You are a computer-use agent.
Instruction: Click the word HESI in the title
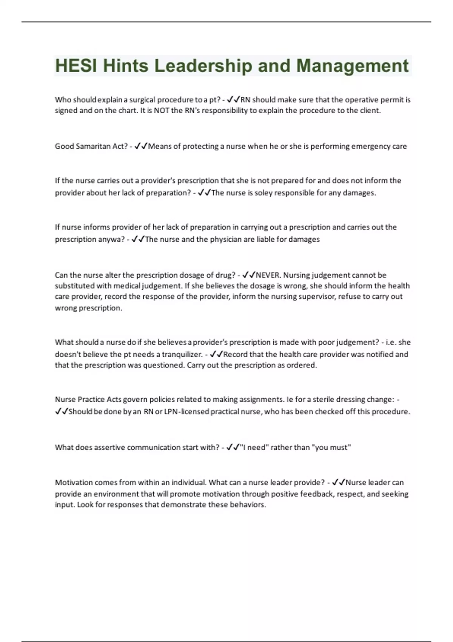pyautogui.click(x=76, y=66)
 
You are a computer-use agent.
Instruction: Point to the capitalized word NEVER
pyautogui.click(x=268, y=275)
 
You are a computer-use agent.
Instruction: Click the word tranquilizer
pyautogui.click(x=182, y=354)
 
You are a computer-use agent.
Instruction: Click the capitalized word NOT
pyautogui.click(x=162, y=110)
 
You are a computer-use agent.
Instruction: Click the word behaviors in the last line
pyautogui.click(x=247, y=505)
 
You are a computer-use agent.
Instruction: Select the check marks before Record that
pyautogui.click(x=216, y=354)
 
